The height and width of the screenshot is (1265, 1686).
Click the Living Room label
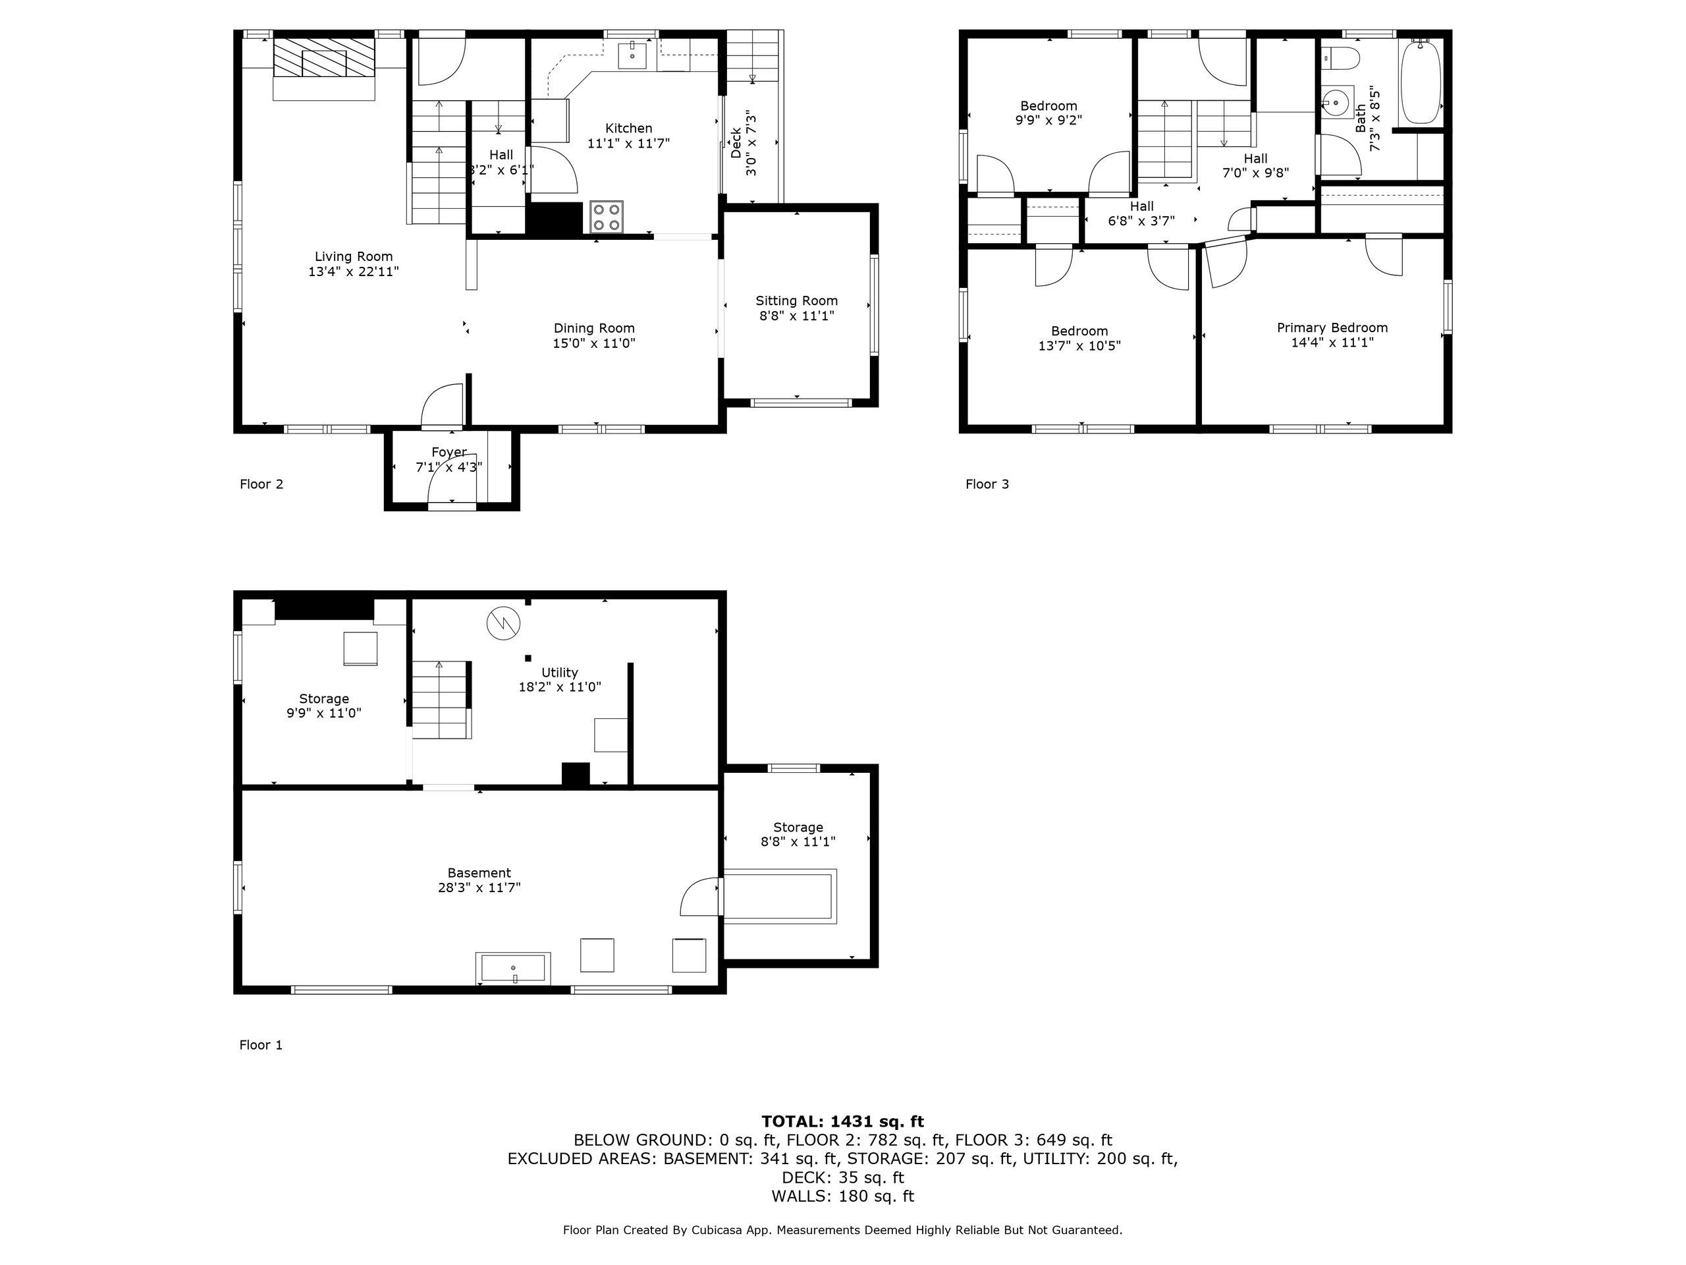(354, 257)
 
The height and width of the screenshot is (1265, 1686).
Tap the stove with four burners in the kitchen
(607, 216)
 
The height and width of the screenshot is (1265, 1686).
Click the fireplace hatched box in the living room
(325, 58)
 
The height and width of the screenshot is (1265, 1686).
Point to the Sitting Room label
(796, 301)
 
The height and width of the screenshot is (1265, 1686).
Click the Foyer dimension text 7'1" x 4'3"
(449, 467)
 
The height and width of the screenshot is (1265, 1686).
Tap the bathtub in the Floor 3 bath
(1421, 82)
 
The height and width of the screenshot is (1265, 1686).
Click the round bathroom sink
(1334, 101)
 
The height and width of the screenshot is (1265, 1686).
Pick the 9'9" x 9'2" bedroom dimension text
(1048, 121)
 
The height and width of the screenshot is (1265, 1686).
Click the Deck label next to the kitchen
(736, 142)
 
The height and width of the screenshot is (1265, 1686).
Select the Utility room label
(559, 673)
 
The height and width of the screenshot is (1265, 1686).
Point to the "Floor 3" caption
(987, 484)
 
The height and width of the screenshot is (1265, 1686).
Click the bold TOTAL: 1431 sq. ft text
(842, 1121)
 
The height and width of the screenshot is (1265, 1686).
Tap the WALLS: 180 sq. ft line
(842, 1196)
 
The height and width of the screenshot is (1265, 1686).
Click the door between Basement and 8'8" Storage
(699, 897)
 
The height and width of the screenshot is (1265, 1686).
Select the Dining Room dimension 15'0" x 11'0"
(594, 344)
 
